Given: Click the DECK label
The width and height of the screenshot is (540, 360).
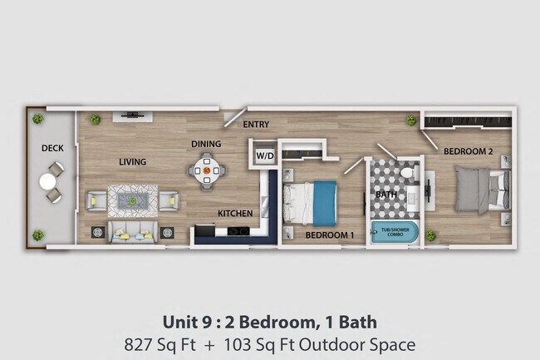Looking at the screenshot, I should coord(52,149).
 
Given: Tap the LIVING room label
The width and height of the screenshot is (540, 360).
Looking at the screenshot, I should coord(133,162).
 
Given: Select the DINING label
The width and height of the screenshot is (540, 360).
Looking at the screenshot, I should coord(206,144).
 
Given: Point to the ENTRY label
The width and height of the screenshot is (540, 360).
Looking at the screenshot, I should coord(256,125).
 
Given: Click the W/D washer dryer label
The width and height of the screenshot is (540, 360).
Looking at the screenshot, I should coord(264,155).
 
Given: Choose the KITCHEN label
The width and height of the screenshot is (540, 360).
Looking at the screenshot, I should coord(235,214).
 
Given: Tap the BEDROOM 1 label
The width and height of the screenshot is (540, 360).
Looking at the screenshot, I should coord(330,235).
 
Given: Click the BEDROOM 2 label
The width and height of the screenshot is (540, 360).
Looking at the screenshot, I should coord(469,151).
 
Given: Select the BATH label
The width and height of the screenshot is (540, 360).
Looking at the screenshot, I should coord(385,195).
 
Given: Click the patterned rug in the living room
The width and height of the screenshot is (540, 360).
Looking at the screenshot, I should coord(132,200).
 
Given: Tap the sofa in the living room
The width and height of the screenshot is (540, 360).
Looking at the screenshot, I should coord(132,231).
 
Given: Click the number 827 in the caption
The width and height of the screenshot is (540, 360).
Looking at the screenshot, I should coord(138,343).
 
